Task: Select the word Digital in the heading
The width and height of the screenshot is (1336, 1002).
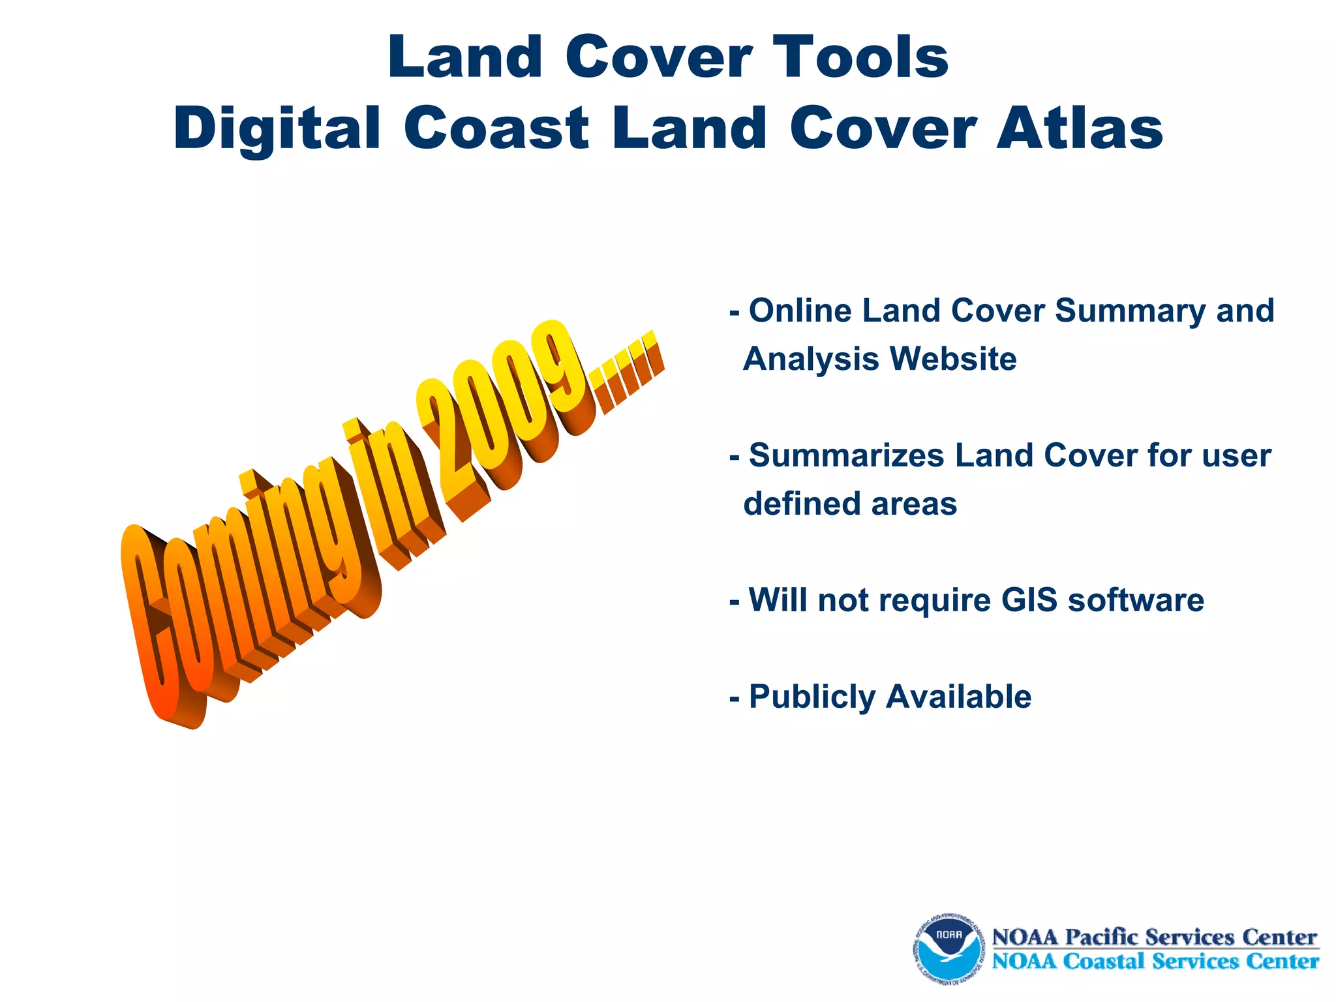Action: (x=277, y=129)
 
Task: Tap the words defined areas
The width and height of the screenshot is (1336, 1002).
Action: (x=850, y=504)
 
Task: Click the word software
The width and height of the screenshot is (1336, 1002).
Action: (x=1136, y=600)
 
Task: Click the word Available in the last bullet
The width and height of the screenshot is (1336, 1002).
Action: (x=959, y=697)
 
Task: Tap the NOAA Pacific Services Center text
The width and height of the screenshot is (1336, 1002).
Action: (x=1155, y=937)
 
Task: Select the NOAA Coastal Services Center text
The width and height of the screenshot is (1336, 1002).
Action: (x=1155, y=962)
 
